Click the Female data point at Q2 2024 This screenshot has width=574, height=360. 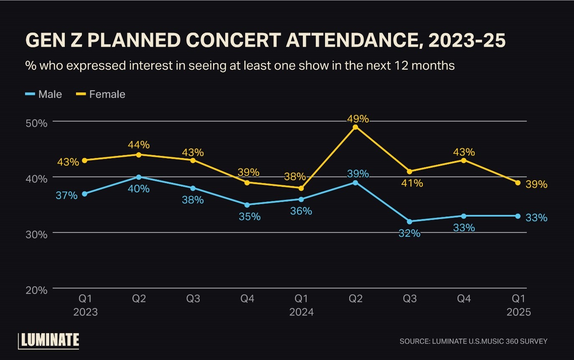coord(356,127)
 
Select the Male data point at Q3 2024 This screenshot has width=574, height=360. coord(409,222)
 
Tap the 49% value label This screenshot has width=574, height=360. coord(358,119)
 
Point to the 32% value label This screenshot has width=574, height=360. coord(409,233)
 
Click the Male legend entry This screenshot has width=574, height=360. coord(44,94)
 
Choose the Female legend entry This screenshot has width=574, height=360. coord(102,94)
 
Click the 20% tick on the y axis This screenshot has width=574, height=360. coord(37,290)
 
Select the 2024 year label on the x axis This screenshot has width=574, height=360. coord(301,312)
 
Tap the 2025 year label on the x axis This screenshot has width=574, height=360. coord(518,312)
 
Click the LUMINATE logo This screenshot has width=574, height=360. coord(49,340)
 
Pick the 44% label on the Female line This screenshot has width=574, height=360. coord(139,145)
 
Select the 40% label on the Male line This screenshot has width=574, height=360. coord(139,189)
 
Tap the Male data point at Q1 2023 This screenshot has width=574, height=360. coord(85,194)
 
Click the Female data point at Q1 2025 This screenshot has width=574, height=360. coord(518,183)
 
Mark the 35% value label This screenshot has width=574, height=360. coord(250,217)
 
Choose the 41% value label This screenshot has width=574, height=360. coord(412,183)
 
